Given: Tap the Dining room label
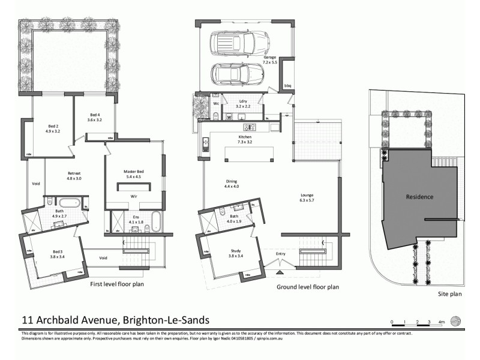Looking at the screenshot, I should pyautogui.click(x=232, y=183).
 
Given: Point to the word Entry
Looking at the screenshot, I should pyautogui.click(x=281, y=254).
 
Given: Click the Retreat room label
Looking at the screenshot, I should pyautogui.click(x=74, y=176).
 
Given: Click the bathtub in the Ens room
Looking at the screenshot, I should pyautogui.click(x=155, y=221).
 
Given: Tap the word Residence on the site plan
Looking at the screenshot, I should pyautogui.click(x=419, y=197).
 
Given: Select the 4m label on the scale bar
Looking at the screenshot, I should pyautogui.click(x=441, y=323).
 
